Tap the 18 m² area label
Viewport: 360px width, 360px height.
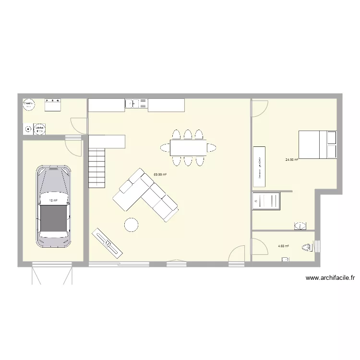tap(53, 201)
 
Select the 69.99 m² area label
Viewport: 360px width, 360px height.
tap(160, 175)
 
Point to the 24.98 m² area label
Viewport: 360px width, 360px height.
tap(291, 159)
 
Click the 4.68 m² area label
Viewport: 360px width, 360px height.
tap(283, 246)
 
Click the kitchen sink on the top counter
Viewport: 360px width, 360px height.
tap(132, 103)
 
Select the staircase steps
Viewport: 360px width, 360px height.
tap(96, 168)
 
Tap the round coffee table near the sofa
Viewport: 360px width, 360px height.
tap(131, 224)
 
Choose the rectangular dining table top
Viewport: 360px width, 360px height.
tap(188, 147)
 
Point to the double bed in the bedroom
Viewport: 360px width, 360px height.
tap(317, 144)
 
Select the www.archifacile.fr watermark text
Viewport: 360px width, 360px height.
tap(330, 277)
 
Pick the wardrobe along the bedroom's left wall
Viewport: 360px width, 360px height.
tap(259, 166)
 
